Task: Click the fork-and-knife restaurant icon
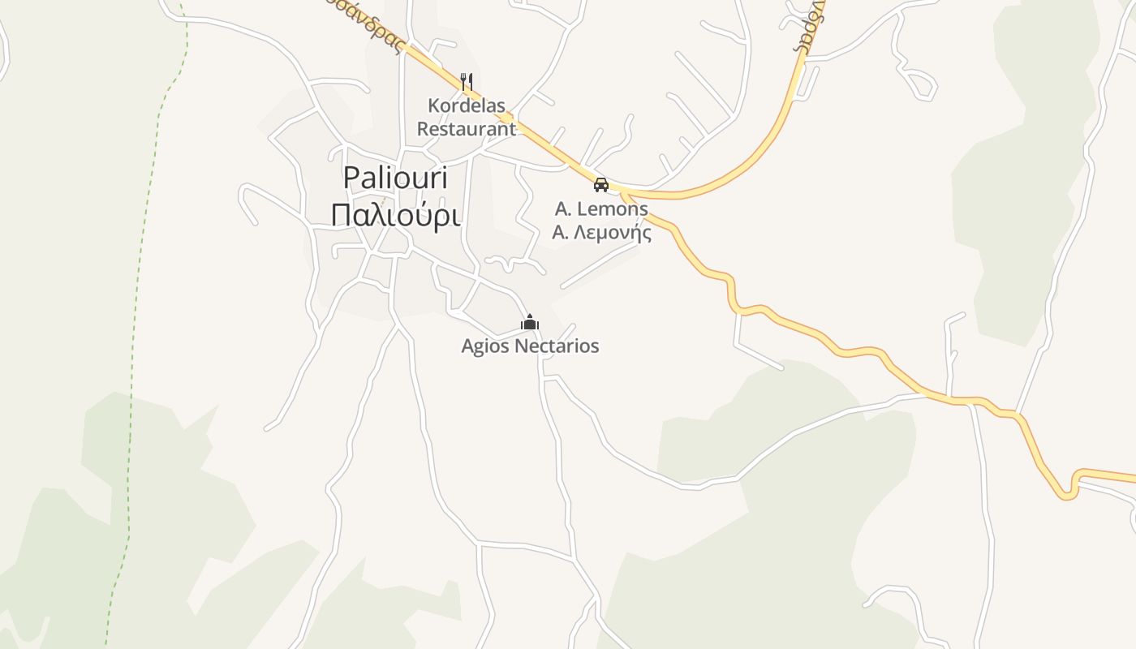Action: coord(467,82)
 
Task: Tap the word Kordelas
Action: coord(467,105)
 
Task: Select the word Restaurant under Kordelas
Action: coord(467,128)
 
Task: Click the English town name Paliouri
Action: coord(395,178)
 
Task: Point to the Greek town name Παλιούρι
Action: coord(396,216)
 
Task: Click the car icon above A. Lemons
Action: coord(601,185)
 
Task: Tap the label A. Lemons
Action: coord(601,208)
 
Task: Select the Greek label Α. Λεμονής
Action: coord(601,232)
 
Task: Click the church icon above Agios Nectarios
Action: coord(530,323)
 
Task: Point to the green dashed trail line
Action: coord(135,324)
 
